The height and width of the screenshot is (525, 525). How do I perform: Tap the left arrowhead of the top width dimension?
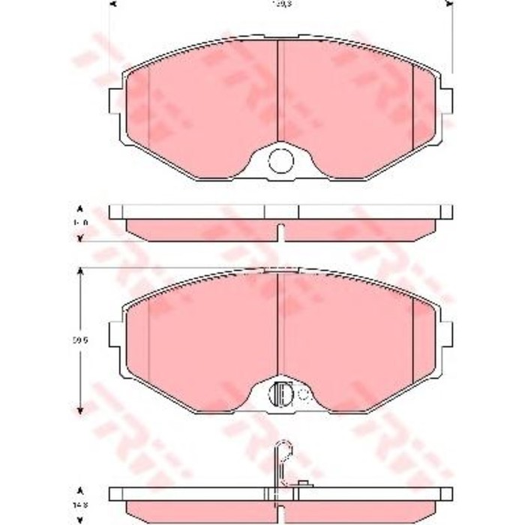pyautogui.click(x=112, y=4)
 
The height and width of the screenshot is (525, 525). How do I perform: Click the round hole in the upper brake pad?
pyautogui.click(x=280, y=159)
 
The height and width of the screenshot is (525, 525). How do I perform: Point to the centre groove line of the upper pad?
pyautogui.click(x=278, y=90)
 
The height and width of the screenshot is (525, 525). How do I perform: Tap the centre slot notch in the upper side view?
pyautogui.click(x=280, y=232)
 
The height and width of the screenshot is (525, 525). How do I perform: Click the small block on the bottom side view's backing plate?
pyautogui.click(x=304, y=483)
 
